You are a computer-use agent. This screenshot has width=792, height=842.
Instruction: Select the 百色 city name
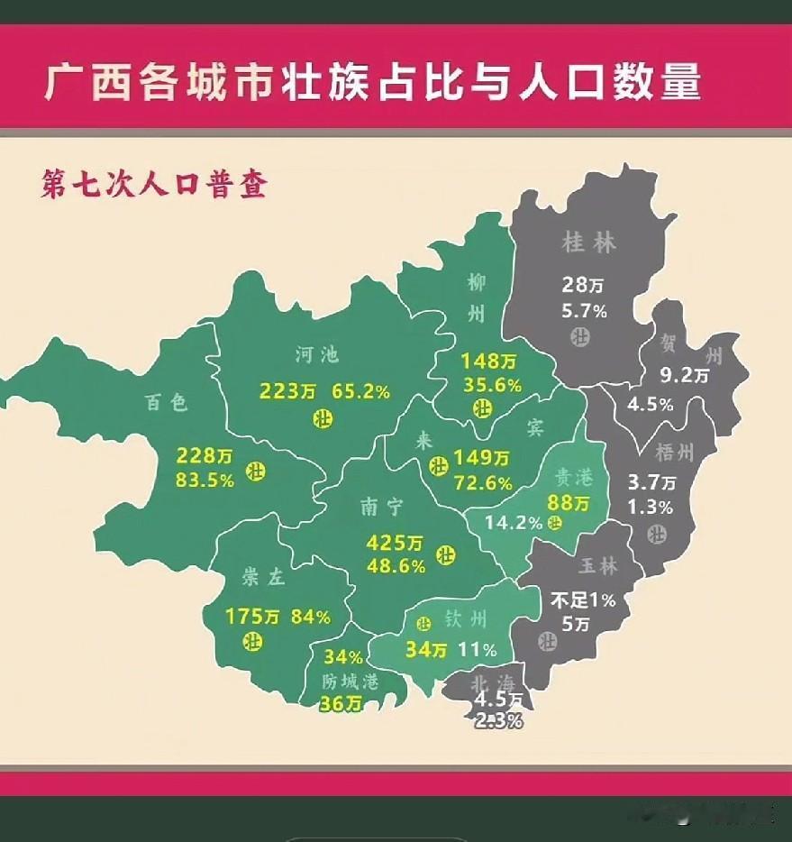click(x=167, y=403)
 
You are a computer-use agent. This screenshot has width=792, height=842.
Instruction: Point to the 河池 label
click(x=317, y=354)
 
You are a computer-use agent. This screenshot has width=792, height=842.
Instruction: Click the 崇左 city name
click(x=263, y=578)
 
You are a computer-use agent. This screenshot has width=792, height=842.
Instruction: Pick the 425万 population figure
click(x=394, y=544)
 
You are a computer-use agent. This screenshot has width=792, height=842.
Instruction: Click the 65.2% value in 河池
click(x=360, y=391)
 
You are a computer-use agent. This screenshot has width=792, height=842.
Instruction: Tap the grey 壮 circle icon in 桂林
click(x=578, y=337)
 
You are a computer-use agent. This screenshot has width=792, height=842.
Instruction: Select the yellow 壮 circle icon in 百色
click(x=257, y=470)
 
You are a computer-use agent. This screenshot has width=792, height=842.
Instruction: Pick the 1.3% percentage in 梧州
click(x=651, y=507)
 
